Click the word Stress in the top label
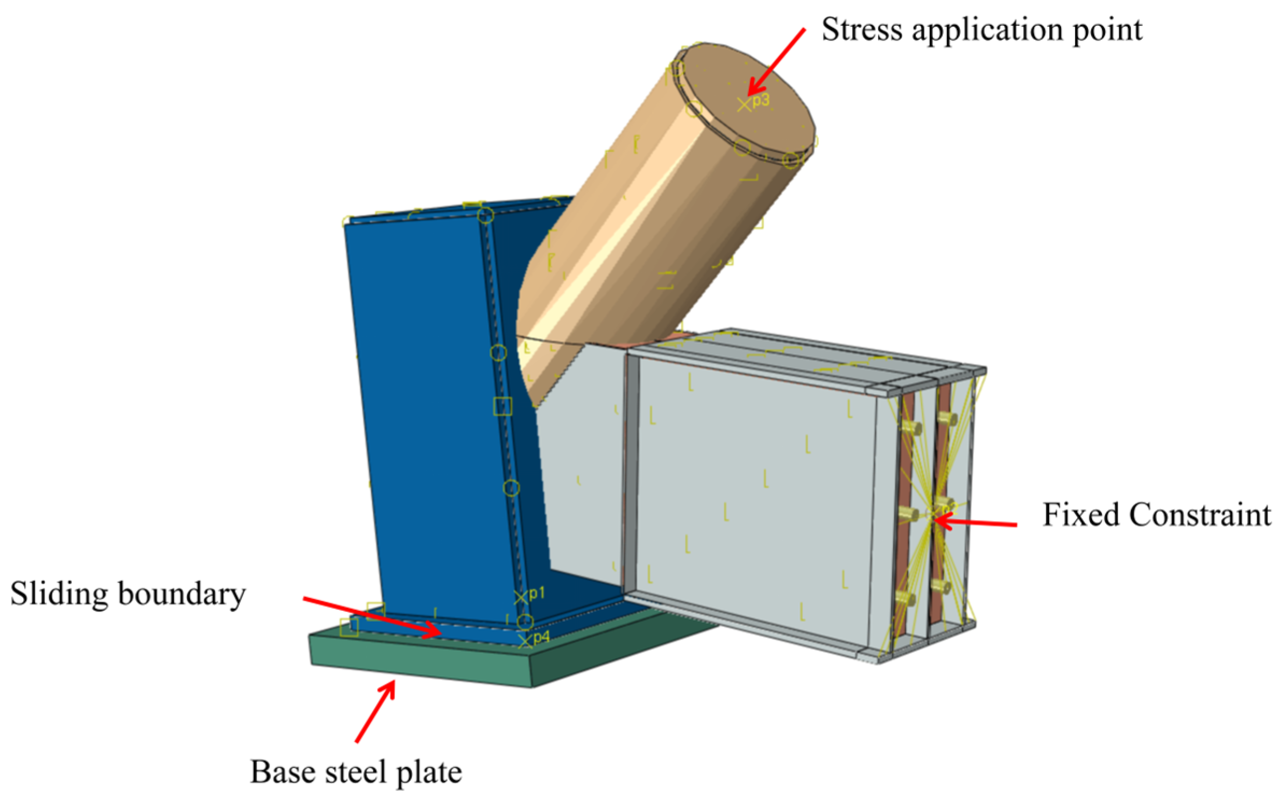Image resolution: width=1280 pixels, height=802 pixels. (861, 30)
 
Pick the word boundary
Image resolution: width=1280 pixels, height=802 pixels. (181, 594)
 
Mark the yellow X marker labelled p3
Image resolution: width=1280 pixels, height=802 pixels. (744, 104)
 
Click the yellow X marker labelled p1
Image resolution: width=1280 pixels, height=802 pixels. (520, 597)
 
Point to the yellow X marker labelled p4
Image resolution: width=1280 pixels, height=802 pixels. (525, 641)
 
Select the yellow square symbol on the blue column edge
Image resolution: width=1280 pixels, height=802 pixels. (503, 406)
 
